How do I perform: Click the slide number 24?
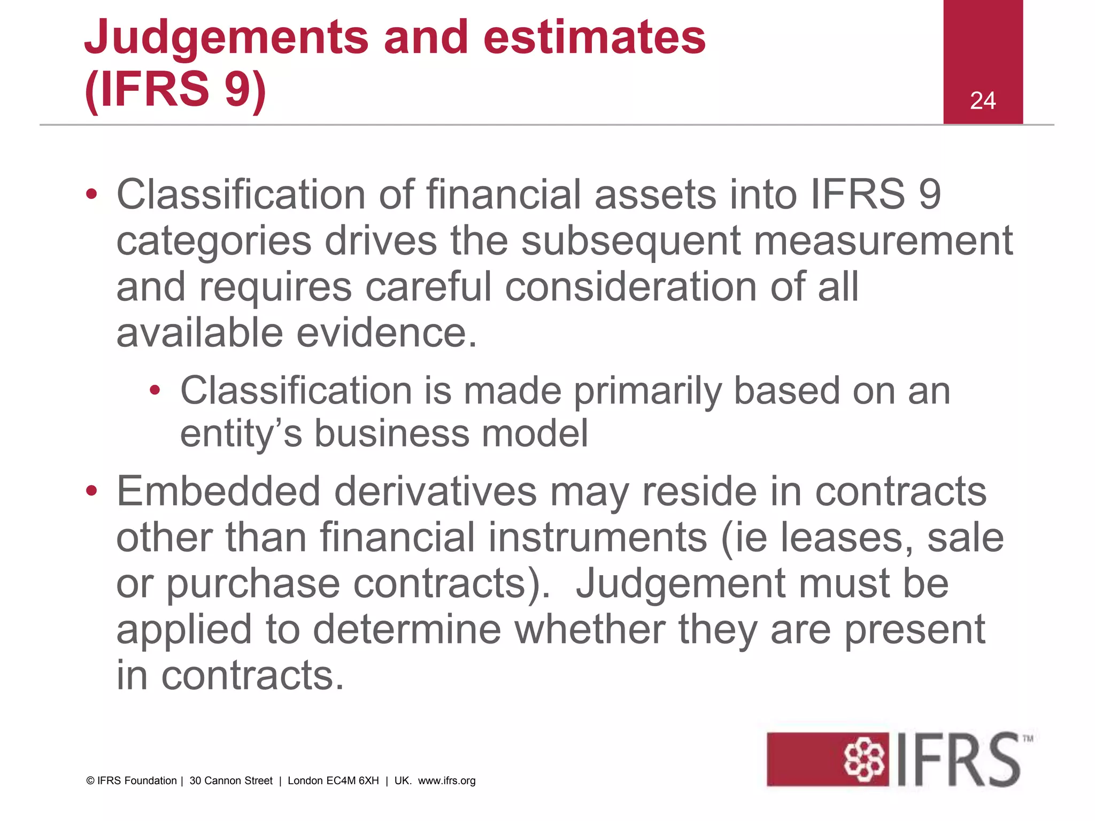tap(982, 100)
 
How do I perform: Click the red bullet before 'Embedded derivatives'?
tap(91, 490)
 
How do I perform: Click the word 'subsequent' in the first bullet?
tap(631, 241)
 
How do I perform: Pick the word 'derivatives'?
tap(435, 491)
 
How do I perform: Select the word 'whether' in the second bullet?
tap(590, 630)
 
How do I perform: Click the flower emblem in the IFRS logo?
tap(863, 759)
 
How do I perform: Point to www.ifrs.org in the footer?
tap(446, 781)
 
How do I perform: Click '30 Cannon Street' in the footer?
tap(231, 781)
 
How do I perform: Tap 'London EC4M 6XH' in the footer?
tap(333, 781)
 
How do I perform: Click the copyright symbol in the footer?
tap(90, 781)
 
